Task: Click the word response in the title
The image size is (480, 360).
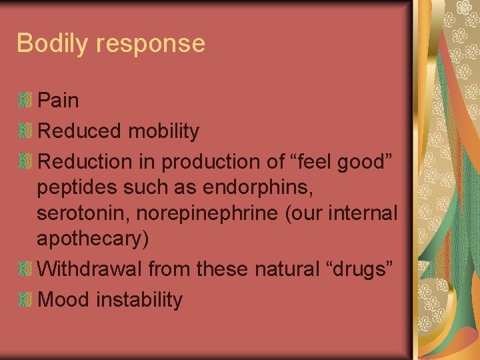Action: point(150,44)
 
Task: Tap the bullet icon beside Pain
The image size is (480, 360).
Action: point(25,101)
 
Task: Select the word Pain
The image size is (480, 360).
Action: point(59,101)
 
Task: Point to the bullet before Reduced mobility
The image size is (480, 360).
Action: point(25,132)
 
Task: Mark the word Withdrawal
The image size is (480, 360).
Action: point(90,269)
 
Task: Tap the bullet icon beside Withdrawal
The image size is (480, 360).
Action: point(25,270)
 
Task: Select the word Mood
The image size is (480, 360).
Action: point(65,300)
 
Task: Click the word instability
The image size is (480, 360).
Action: point(139,300)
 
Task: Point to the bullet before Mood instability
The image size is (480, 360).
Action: point(25,301)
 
